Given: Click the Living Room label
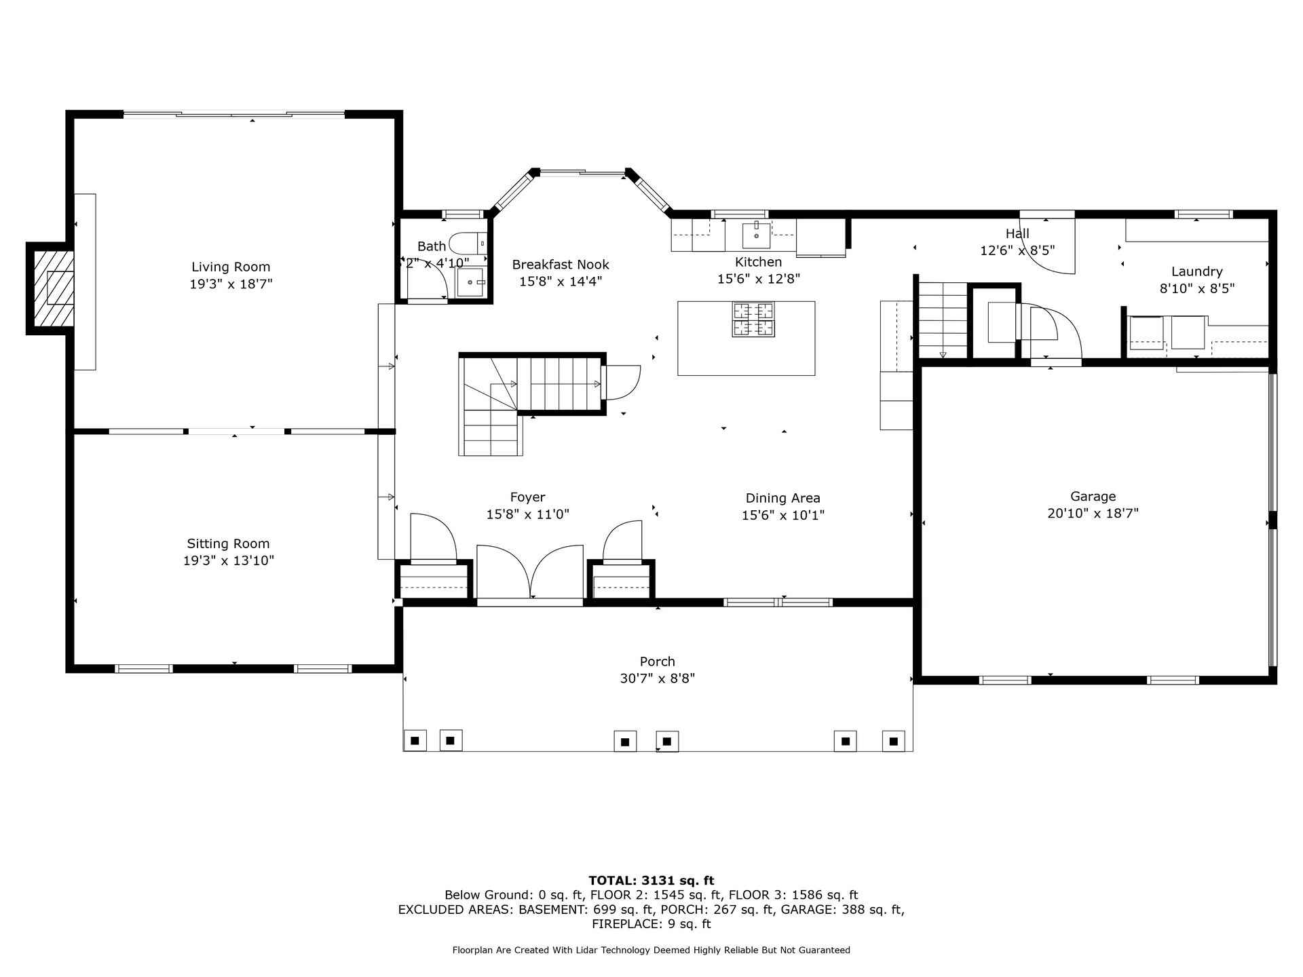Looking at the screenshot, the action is click(231, 267).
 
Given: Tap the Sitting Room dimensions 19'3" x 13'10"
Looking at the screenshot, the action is click(229, 560).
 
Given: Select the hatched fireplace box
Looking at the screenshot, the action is click(54, 288).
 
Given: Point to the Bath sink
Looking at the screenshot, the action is click(470, 282).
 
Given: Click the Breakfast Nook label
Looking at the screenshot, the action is click(561, 265).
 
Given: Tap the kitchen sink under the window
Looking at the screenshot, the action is click(756, 235).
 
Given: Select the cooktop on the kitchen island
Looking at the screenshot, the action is click(753, 320).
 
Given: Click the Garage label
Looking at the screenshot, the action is click(1093, 497).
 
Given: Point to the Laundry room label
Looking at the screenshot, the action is click(1196, 271).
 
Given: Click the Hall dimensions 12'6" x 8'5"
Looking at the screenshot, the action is click(1017, 250).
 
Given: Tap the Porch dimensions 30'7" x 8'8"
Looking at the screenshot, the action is click(658, 678).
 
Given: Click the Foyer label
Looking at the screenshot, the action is click(527, 498).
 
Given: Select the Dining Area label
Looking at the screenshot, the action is click(783, 499).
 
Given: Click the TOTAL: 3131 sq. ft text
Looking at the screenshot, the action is click(651, 881).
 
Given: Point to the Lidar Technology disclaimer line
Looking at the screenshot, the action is click(651, 950).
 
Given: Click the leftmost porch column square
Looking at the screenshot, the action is click(415, 741).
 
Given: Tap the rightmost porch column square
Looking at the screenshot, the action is click(893, 741).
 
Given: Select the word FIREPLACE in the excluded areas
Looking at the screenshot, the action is click(618, 924).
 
